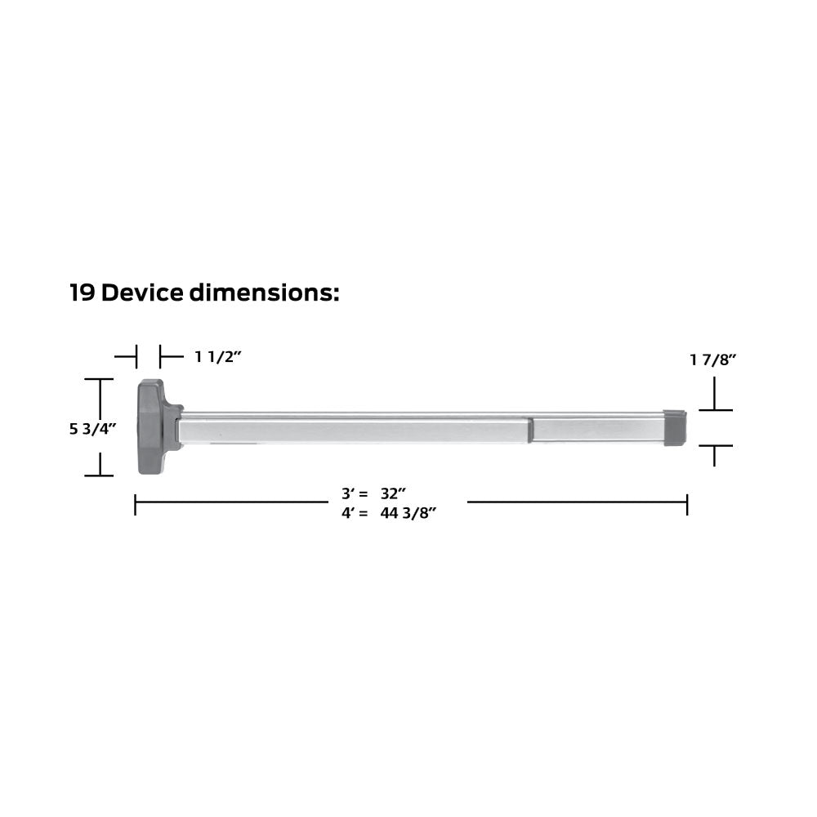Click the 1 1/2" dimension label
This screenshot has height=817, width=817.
218,357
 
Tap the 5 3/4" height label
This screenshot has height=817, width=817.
93,429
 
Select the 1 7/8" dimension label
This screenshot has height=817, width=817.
712,359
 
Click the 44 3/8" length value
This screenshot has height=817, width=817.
408,513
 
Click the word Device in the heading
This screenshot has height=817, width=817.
142,292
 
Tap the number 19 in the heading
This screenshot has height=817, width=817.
83,292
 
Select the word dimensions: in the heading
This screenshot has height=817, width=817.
264,292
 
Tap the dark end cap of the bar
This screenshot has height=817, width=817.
675,428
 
